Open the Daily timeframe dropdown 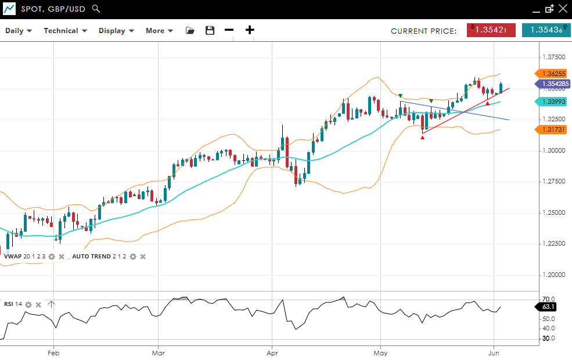(x=19, y=31)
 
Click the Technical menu (x=65, y=31)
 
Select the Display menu (x=116, y=31)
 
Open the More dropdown (x=159, y=31)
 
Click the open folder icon (x=190, y=31)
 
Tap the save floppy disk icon (x=210, y=31)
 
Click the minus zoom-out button (x=229, y=30)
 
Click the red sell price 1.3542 (x=491, y=30)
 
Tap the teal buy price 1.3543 (x=546, y=30)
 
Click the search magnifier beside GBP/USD (x=96, y=9)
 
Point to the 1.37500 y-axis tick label (x=553, y=57)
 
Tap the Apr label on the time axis (x=271, y=352)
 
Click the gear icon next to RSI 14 (x=28, y=304)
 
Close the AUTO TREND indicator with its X (x=143, y=256)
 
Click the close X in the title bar (x=562, y=9)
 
